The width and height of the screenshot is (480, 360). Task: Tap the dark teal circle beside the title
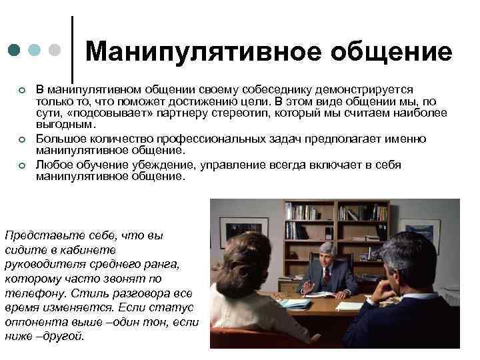(15, 50)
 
